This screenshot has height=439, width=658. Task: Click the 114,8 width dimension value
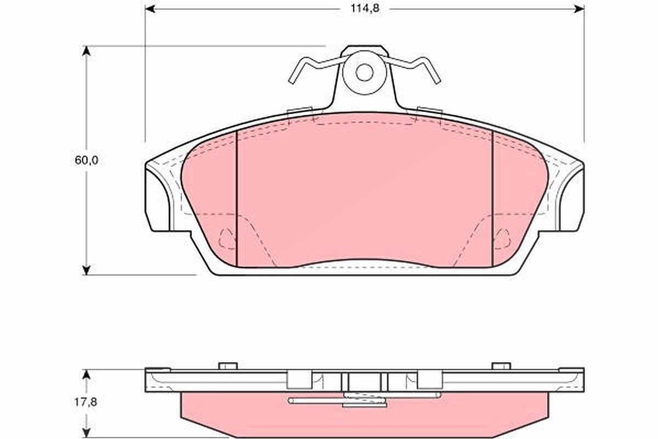click(365, 9)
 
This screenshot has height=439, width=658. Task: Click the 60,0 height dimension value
click(87, 161)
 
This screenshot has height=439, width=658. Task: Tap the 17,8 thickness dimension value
click(85, 402)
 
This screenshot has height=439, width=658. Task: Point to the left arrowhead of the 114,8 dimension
click(150, 9)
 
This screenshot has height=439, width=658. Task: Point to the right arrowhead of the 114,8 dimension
click(579, 9)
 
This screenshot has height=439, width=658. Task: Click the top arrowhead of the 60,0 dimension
click(86, 50)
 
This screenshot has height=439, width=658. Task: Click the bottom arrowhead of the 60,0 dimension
click(86, 270)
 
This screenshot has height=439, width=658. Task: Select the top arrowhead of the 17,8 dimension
click(86, 375)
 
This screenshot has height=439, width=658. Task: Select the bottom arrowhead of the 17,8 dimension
click(86, 433)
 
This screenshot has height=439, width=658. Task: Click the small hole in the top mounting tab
click(364, 72)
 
